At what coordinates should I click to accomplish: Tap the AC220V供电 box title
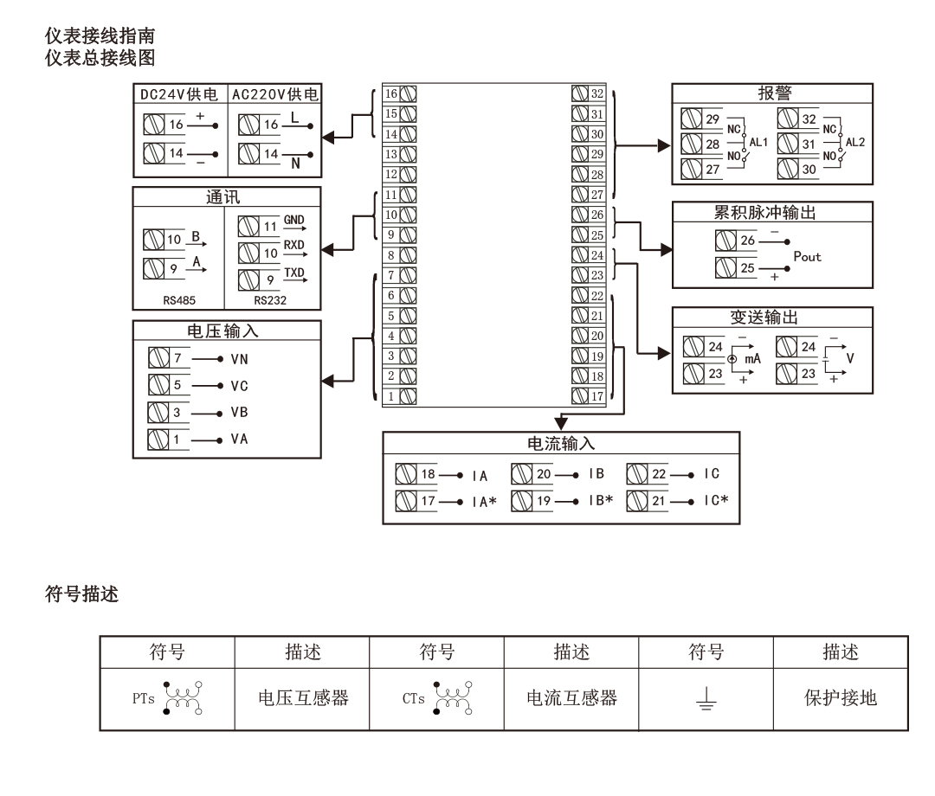click(x=273, y=94)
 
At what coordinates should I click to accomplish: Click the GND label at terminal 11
click(x=293, y=221)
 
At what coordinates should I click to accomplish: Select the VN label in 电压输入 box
click(x=240, y=357)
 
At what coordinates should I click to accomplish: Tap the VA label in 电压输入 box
click(x=240, y=439)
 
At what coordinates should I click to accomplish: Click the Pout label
click(x=807, y=257)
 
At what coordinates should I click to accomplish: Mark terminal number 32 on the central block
click(x=596, y=93)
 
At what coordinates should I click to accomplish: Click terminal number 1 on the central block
click(x=390, y=396)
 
